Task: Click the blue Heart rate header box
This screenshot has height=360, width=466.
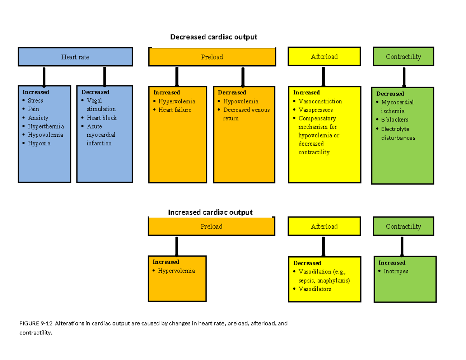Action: (75, 57)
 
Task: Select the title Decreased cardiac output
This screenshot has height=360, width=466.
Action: (214, 37)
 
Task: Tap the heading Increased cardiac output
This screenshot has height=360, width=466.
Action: (210, 212)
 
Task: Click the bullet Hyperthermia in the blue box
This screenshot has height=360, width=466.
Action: (46, 126)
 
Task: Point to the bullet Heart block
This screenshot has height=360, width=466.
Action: (101, 118)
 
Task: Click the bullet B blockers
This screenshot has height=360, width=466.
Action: (395, 120)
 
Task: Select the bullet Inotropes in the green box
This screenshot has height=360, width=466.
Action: (396, 271)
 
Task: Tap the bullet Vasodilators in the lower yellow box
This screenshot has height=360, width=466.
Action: (315, 289)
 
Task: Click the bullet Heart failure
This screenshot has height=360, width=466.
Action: (175, 110)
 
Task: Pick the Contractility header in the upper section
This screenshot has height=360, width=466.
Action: (403, 57)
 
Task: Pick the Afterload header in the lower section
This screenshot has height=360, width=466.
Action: (324, 226)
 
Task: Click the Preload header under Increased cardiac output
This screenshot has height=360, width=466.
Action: (211, 226)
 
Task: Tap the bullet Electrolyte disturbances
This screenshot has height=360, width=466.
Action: (398, 133)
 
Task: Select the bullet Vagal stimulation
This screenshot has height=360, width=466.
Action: (101, 105)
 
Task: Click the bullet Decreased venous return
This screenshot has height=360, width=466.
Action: (246, 114)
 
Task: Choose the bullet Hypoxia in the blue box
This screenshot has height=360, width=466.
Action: (39, 143)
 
